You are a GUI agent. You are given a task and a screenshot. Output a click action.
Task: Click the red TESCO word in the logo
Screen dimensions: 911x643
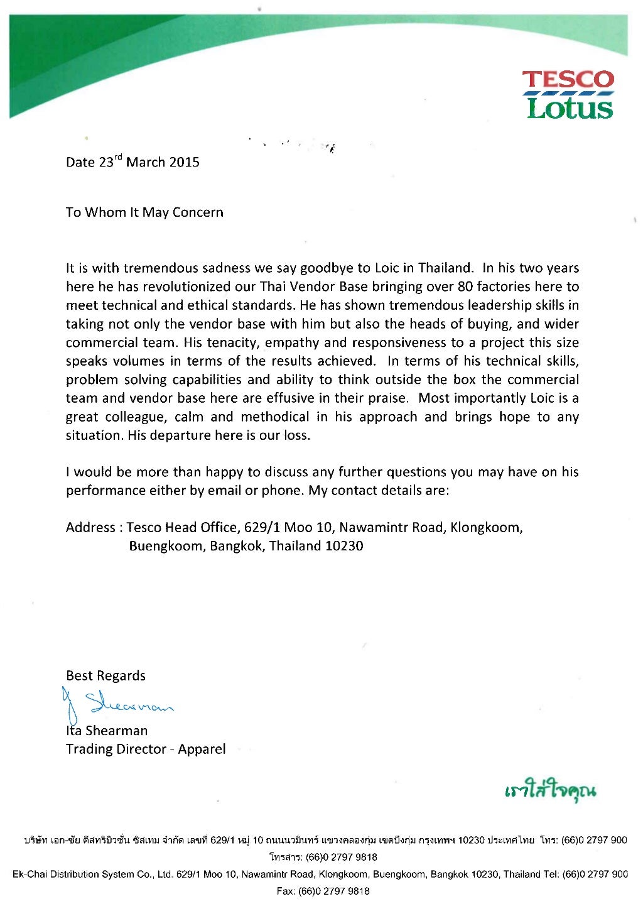(x=568, y=80)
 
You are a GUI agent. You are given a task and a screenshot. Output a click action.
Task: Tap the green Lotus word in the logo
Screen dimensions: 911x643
(x=570, y=107)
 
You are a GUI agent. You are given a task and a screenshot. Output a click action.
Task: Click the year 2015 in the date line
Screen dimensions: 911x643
(x=184, y=162)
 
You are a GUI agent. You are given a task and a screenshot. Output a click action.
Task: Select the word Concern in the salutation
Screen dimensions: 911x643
(x=198, y=212)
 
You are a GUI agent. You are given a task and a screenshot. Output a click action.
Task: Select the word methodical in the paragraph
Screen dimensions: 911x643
(x=275, y=417)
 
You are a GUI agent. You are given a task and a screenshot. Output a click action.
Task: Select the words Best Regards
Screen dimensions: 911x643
(x=105, y=676)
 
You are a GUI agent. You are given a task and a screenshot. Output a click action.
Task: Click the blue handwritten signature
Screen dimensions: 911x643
(x=119, y=704)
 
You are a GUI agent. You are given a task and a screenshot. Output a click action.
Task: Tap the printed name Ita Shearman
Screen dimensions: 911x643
(x=107, y=731)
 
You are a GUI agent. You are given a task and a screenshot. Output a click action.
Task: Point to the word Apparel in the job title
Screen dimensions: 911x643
(x=202, y=750)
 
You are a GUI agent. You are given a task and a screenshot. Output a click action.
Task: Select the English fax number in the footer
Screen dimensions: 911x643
(x=323, y=891)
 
